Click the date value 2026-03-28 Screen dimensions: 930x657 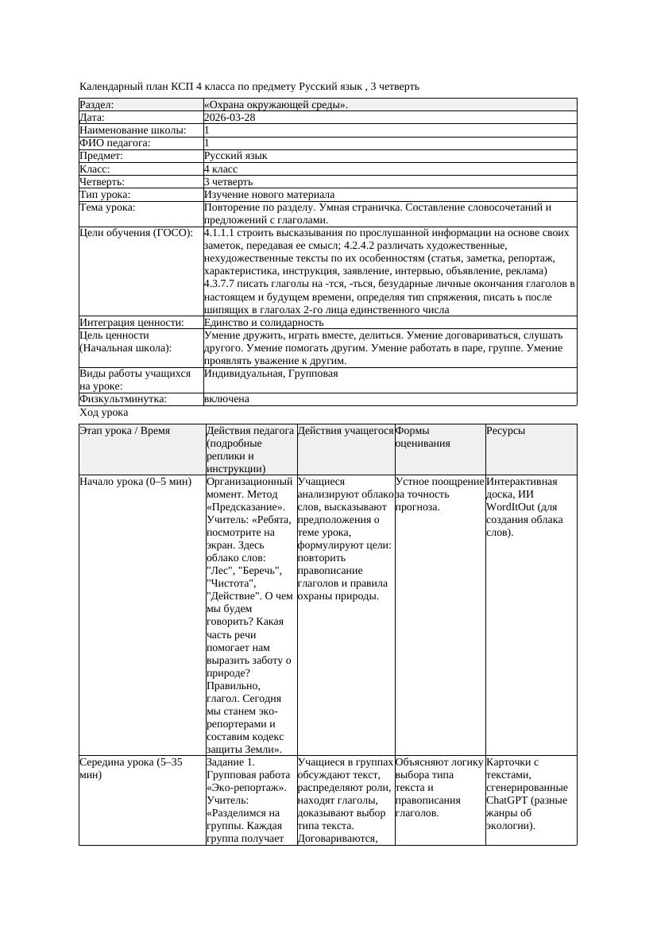point(230,117)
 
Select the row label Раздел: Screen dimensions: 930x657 point(97,104)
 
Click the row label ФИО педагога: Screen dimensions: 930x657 point(115,143)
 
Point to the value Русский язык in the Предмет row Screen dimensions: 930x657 point(236,156)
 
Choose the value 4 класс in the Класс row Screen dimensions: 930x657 point(221,169)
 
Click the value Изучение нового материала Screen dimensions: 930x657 point(269,194)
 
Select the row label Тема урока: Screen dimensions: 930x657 point(108,207)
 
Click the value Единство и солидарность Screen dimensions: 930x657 point(264,323)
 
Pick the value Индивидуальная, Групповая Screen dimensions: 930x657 point(271,374)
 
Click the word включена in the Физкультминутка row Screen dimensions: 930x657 point(226,399)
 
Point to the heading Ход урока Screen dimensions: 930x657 point(104,413)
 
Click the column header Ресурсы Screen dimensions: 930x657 point(505,431)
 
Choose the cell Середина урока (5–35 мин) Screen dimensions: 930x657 point(131,768)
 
